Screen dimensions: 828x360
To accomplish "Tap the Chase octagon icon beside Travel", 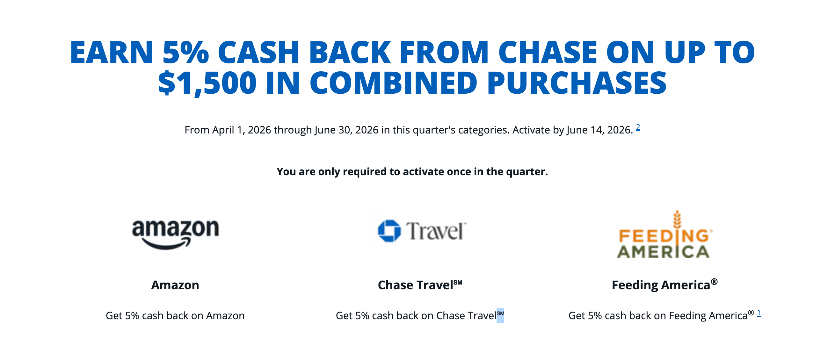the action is click(x=389, y=231).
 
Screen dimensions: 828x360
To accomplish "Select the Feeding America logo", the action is click(x=665, y=234).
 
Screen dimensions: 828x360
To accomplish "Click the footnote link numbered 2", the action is click(x=638, y=127).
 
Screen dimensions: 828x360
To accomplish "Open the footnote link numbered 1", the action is click(x=759, y=313).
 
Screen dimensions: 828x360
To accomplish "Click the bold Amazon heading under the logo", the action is click(x=175, y=285).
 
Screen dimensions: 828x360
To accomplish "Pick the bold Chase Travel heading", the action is click(x=420, y=285).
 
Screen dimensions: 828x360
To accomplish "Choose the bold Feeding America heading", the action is click(x=665, y=285).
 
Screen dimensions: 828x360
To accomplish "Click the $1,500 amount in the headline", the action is click(x=207, y=83).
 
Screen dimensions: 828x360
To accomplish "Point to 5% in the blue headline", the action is click(x=185, y=52).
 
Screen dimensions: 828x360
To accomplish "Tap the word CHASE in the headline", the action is click(x=548, y=52).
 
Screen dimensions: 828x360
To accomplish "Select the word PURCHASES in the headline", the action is click(x=577, y=83).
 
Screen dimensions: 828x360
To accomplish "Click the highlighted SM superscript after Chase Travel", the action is click(x=500, y=315).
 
